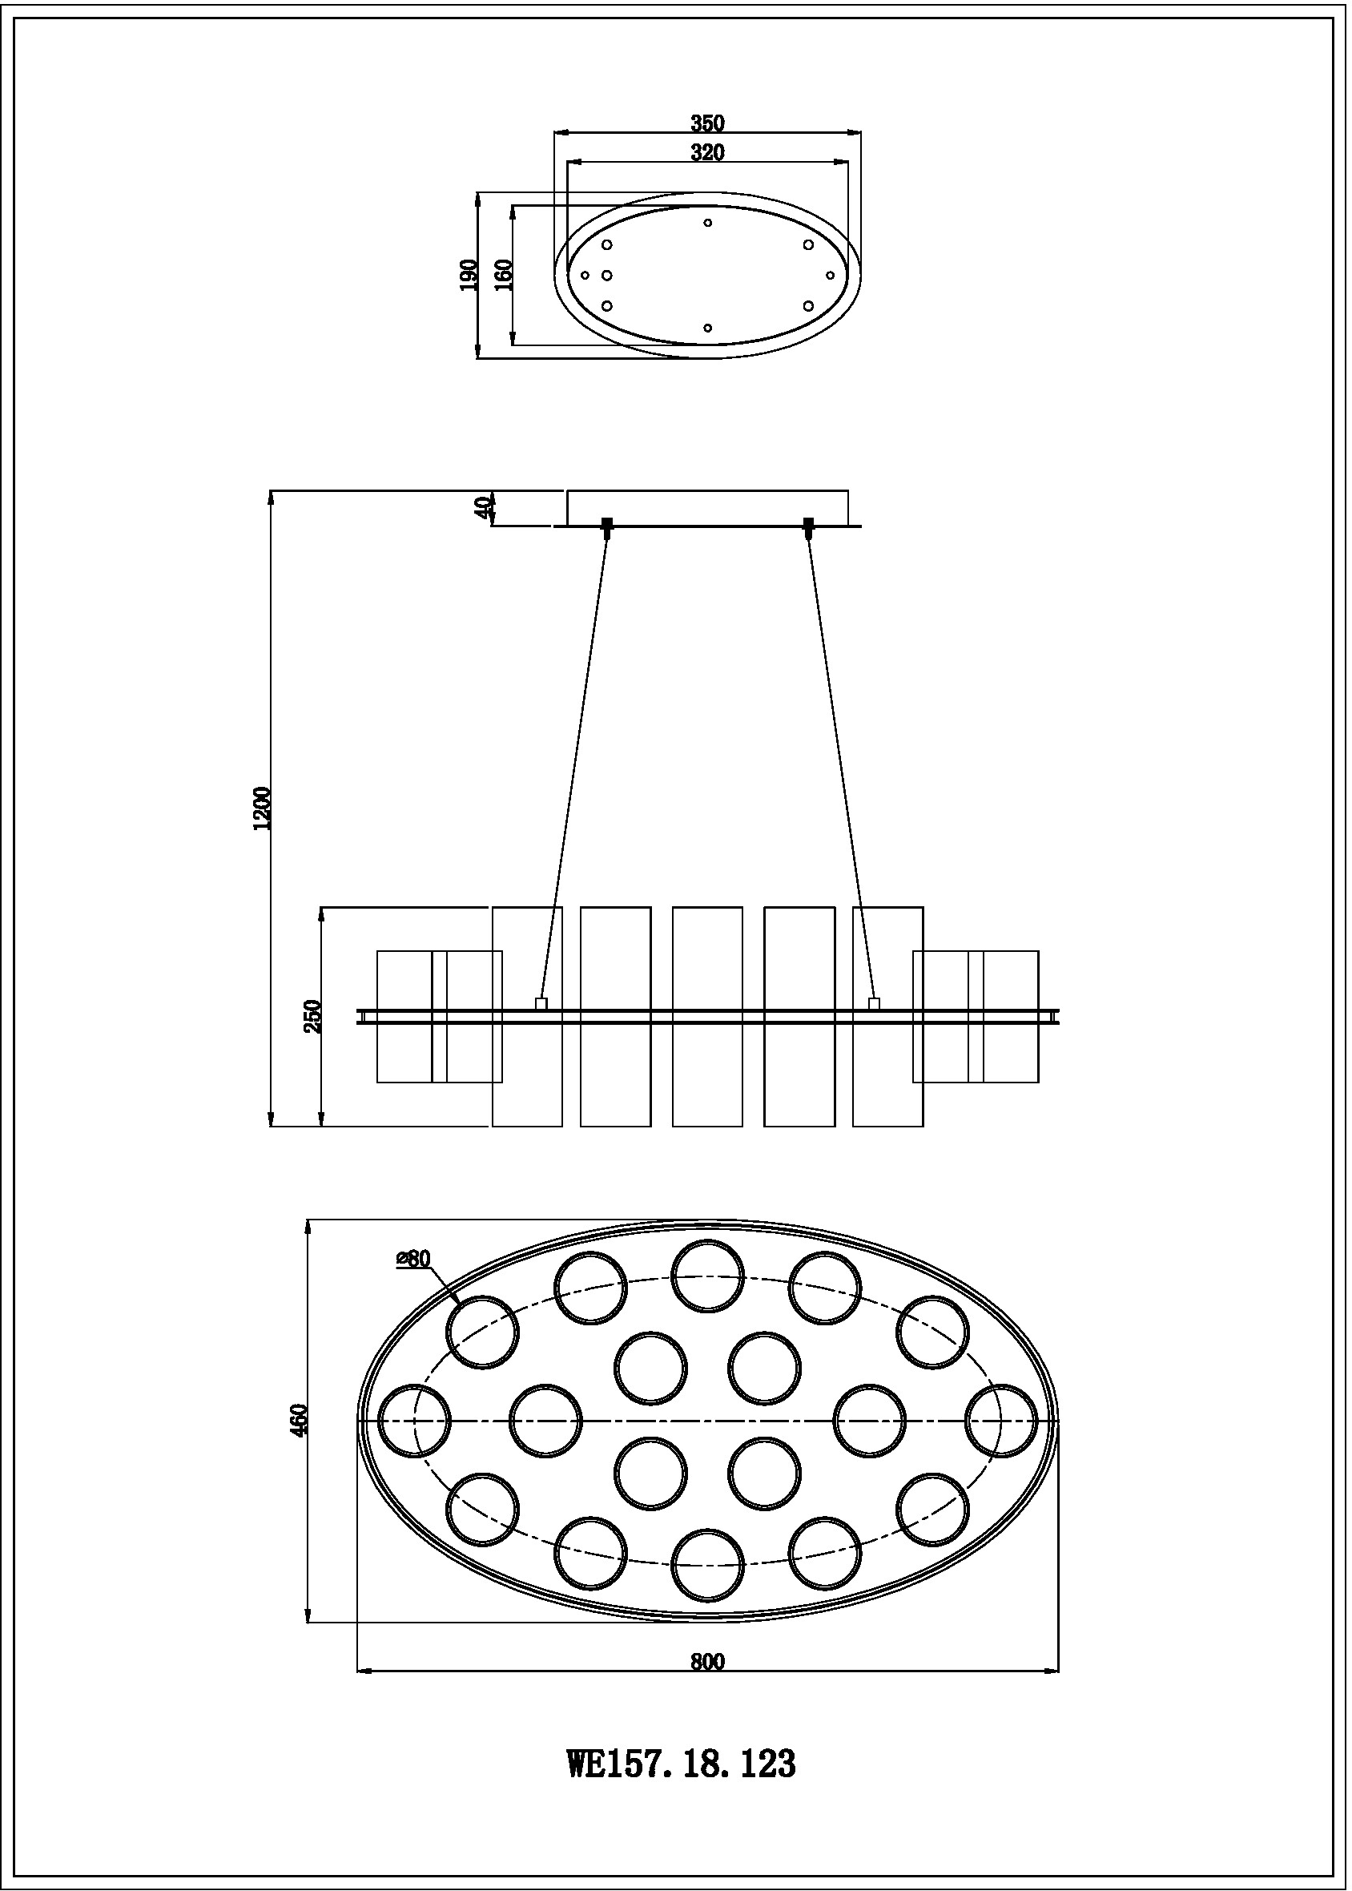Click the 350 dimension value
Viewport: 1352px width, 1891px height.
pyautogui.click(x=707, y=123)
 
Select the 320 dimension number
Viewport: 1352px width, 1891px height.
pyautogui.click(x=707, y=152)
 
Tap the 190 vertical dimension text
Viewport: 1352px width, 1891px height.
pyautogui.click(x=469, y=275)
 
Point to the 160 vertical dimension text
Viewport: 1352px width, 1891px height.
pyautogui.click(x=503, y=275)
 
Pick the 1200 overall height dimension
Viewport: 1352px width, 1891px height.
pyautogui.click(x=264, y=807)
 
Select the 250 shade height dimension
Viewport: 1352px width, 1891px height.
pyautogui.click(x=313, y=1016)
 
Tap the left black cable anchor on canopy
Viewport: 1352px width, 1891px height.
pyautogui.click(x=607, y=525)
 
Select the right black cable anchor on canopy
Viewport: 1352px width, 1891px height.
pyautogui.click(x=808, y=525)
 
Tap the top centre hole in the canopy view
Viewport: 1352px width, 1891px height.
pyautogui.click(x=707, y=222)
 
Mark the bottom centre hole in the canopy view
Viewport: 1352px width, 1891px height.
pyautogui.click(x=707, y=328)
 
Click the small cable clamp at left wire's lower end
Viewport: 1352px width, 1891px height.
pyautogui.click(x=541, y=1003)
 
